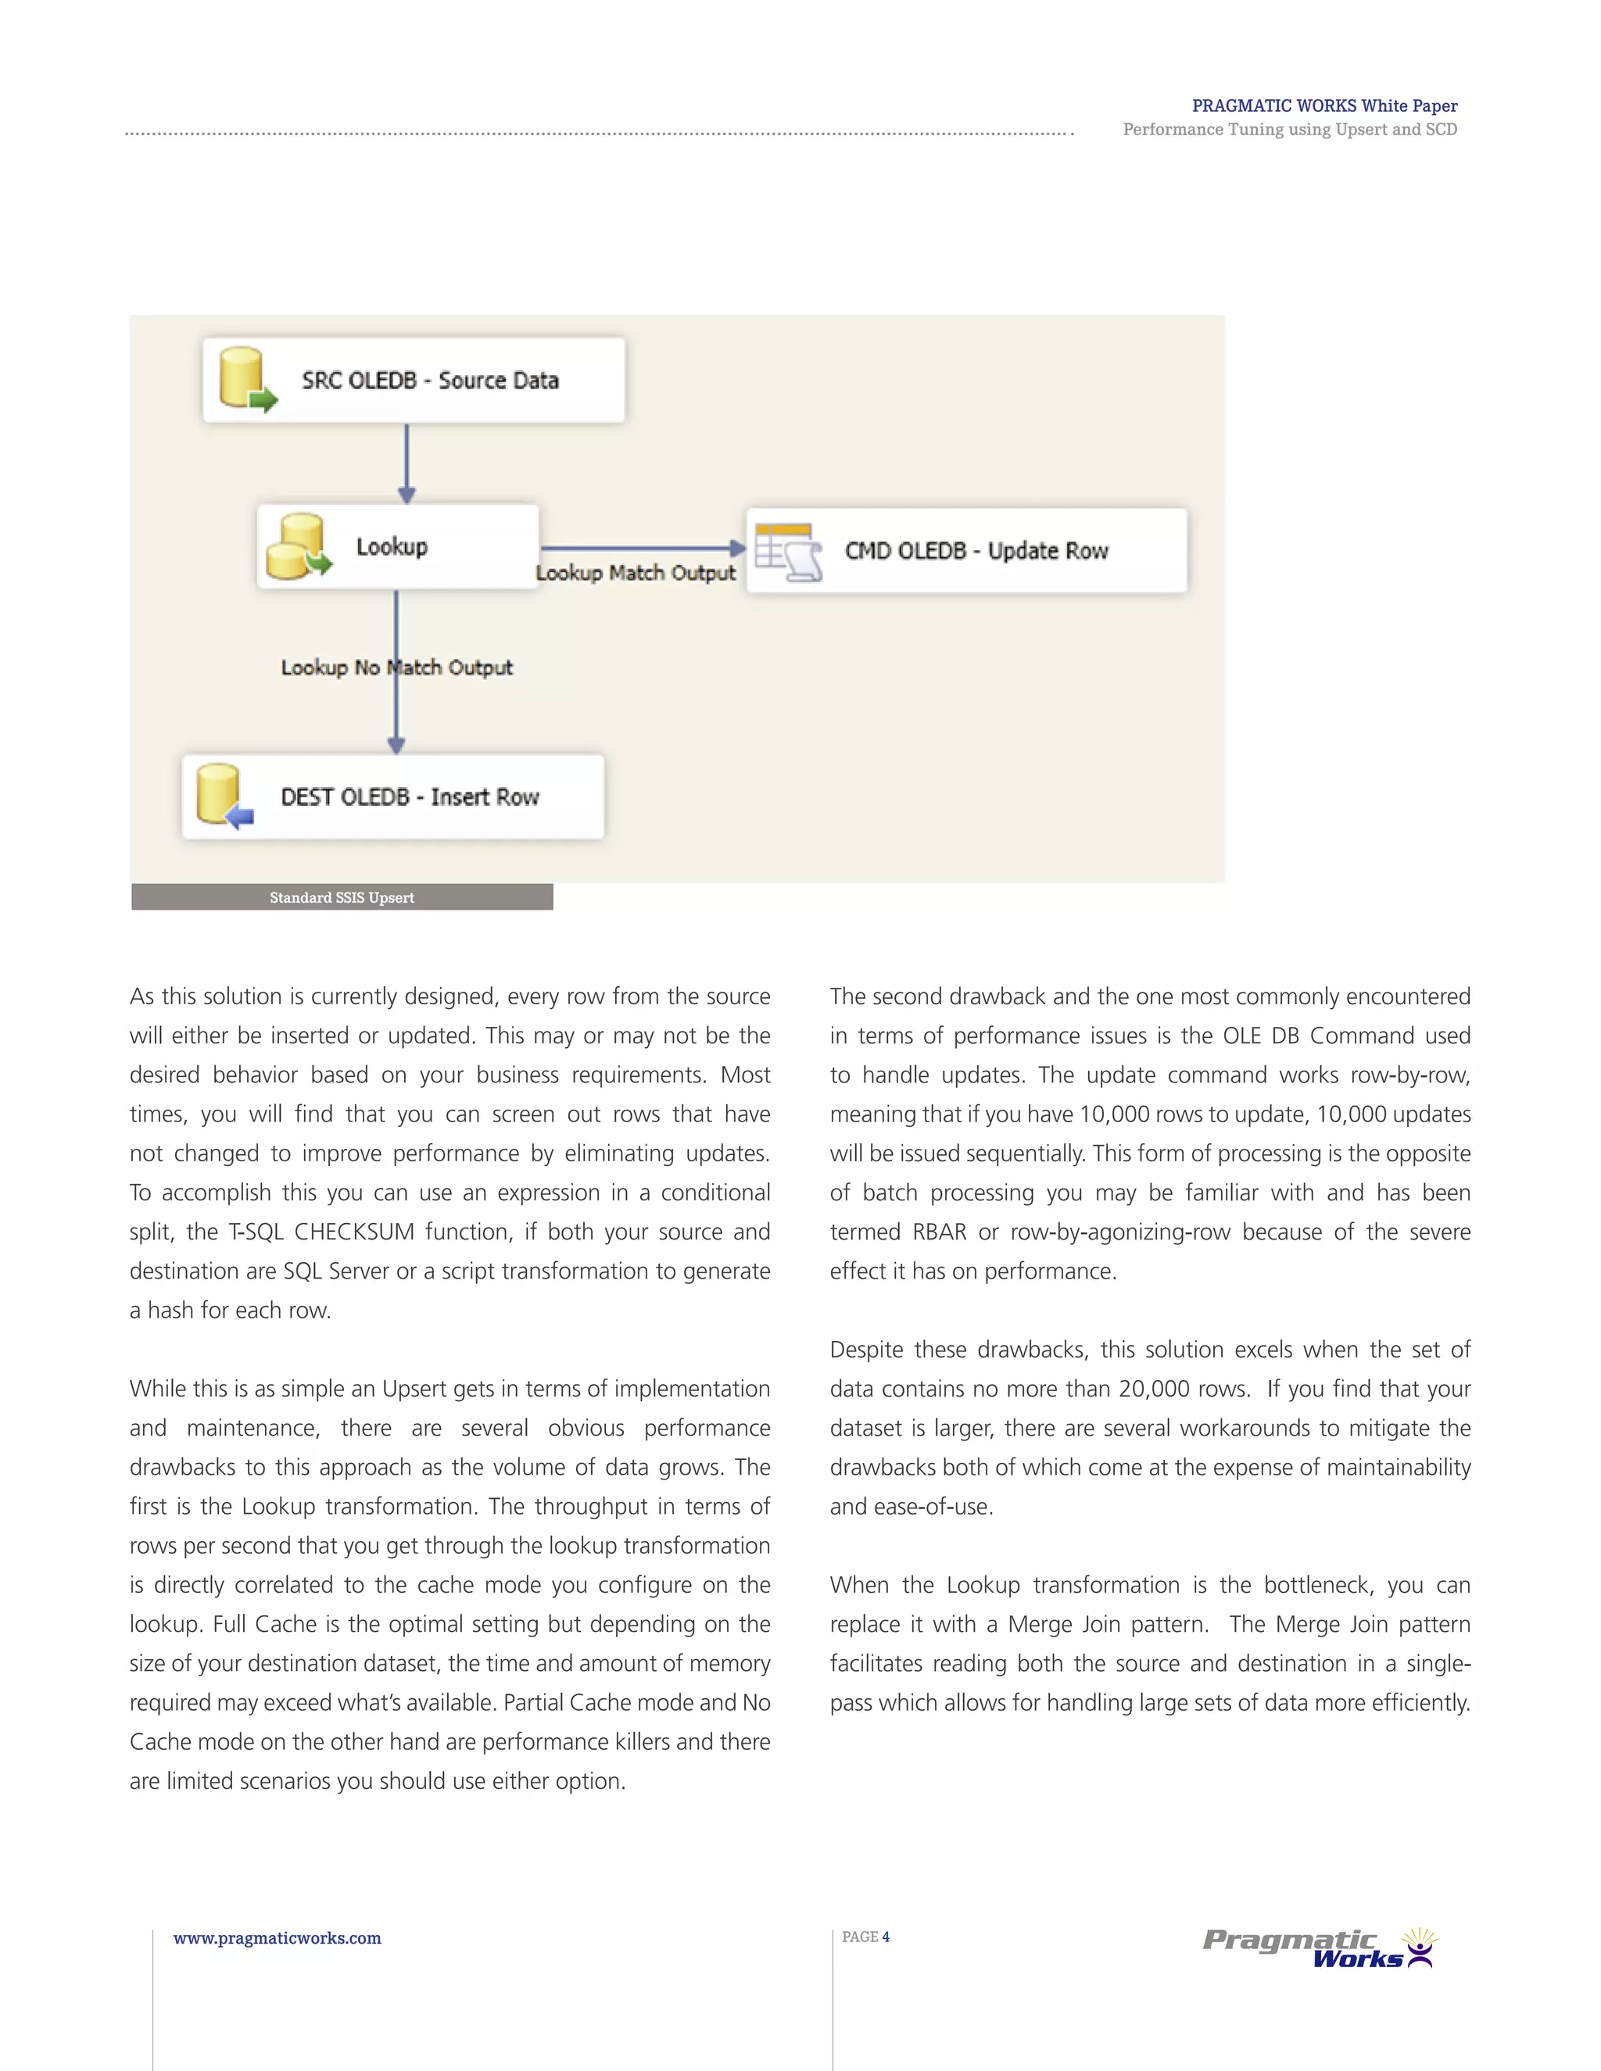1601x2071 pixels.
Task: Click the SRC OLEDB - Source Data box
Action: point(414,381)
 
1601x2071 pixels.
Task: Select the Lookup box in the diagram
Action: point(397,546)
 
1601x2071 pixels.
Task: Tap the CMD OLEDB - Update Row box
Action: point(966,551)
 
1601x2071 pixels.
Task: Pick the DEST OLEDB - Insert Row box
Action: point(392,796)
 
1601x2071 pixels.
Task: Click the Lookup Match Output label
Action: point(636,573)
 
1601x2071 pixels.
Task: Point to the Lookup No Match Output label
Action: point(396,667)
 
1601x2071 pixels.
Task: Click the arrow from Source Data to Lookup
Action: point(407,463)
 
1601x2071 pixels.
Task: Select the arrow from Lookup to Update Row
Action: point(642,548)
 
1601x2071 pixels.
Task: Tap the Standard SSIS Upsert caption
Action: point(342,897)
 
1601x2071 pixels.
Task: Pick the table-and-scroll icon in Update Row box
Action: point(788,551)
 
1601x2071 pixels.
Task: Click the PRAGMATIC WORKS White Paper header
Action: point(1324,106)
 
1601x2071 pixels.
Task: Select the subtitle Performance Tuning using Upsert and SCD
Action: point(1289,130)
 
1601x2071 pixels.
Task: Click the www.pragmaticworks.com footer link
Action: point(277,1938)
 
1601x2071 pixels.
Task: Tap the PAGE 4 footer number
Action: point(865,1937)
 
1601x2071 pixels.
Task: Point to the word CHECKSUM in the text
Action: point(354,1232)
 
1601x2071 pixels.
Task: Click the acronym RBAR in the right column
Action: point(939,1232)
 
